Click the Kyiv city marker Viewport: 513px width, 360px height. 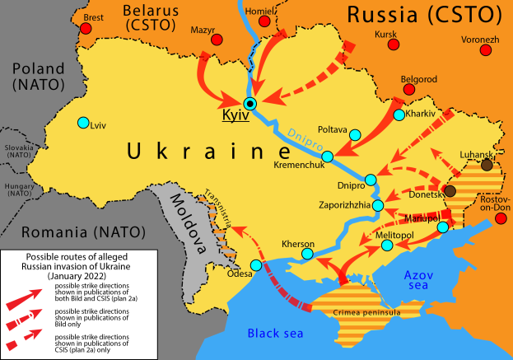pyautogui.click(x=250, y=103)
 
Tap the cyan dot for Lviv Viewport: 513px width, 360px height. pyautogui.click(x=82, y=124)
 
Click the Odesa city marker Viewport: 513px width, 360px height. pyautogui.click(x=255, y=265)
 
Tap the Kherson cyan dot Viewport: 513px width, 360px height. pyautogui.click(x=307, y=255)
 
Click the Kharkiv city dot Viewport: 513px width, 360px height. pyautogui.click(x=399, y=115)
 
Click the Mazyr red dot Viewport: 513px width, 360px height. pyautogui.click(x=217, y=40)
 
